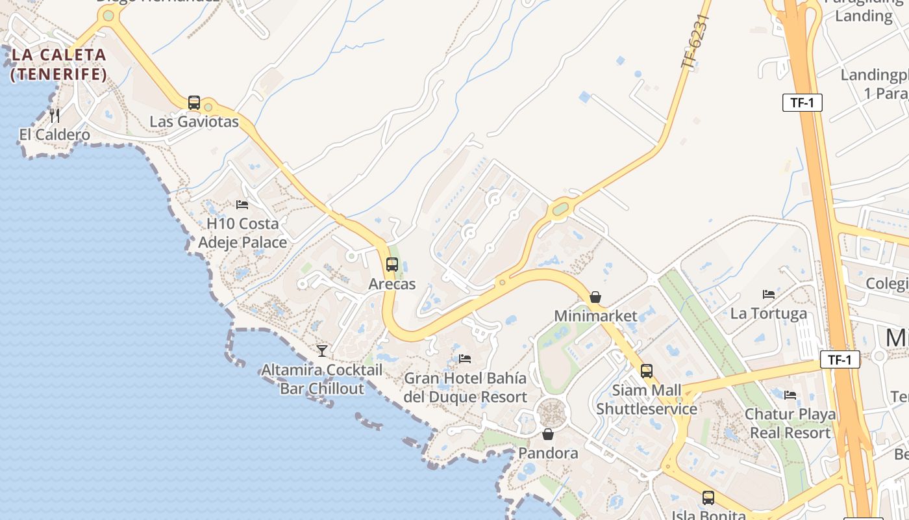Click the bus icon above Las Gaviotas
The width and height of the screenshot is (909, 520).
pos(193,103)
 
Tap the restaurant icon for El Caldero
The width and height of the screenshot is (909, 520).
pos(55,116)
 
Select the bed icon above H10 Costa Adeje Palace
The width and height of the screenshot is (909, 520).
pos(242,204)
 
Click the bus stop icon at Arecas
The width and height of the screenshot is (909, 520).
pos(392,265)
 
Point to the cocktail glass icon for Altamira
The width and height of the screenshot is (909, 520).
pos(322,351)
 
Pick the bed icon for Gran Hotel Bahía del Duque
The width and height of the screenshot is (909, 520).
pos(465,358)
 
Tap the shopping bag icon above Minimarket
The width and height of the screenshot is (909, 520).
pos(595,297)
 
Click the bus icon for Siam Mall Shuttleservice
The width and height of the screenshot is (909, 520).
pos(646,371)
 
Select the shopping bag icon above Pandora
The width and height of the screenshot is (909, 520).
pos(548,434)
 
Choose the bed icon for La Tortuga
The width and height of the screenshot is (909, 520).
pos(769,294)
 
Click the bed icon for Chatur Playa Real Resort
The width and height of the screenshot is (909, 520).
pos(790,395)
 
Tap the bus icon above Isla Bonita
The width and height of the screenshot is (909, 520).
pos(708,498)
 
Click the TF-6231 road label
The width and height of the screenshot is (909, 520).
pos(695,40)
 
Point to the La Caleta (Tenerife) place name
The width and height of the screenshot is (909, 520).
pos(59,64)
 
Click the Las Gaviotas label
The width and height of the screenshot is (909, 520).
pos(194,122)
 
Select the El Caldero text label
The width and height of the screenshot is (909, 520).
pos(55,135)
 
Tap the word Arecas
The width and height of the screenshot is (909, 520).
pos(392,284)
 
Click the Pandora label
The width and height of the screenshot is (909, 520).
pos(548,453)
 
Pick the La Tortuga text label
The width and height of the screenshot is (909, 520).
pos(769,313)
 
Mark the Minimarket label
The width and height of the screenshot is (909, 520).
pos(595,316)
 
